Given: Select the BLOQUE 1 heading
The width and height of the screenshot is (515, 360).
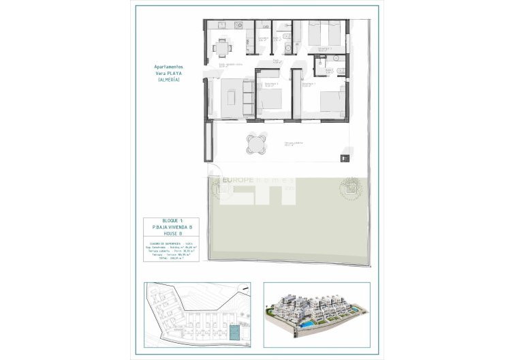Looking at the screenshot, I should tap(173, 220).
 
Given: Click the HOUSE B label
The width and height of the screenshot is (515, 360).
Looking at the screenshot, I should tap(173, 233).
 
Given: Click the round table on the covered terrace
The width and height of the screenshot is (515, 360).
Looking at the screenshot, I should tap(254, 143).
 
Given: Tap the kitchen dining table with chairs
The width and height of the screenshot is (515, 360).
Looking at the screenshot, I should tap(221, 47).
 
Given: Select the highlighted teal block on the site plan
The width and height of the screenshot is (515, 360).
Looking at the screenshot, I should tap(234, 332).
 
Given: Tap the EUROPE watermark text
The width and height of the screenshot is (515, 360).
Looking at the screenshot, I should tap(239, 181).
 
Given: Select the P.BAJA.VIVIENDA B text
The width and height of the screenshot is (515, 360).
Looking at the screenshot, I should tap(173, 226).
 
